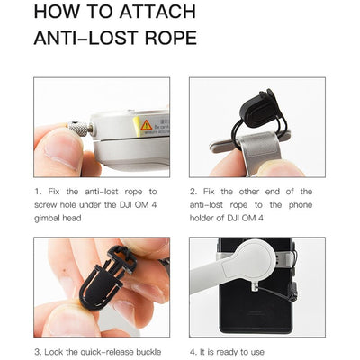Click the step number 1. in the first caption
[37, 192]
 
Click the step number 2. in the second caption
[193, 192]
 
